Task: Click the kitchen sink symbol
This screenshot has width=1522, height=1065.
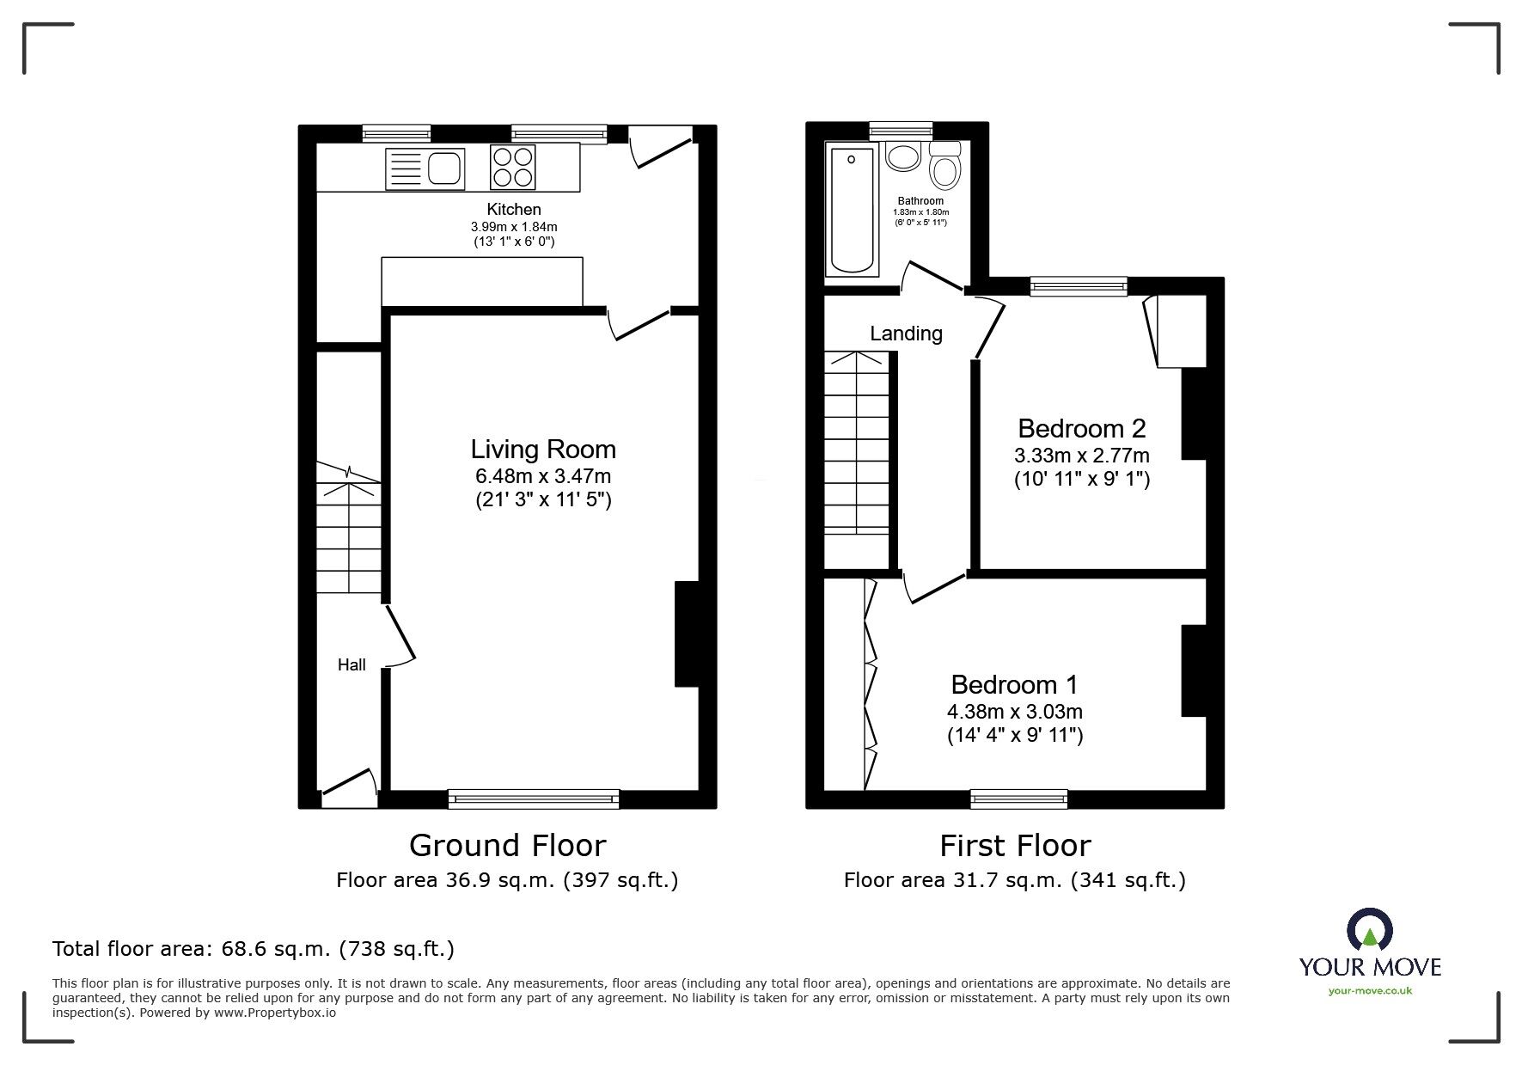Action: [425, 168]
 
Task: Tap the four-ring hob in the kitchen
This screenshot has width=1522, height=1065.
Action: [512, 167]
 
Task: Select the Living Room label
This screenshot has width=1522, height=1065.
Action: [543, 450]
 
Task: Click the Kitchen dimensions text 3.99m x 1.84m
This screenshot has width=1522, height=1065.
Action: [514, 227]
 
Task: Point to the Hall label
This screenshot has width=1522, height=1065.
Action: [351, 664]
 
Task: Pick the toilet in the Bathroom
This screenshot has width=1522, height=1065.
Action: [945, 167]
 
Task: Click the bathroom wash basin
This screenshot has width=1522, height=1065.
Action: [902, 157]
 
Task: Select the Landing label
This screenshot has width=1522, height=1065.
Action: [906, 334]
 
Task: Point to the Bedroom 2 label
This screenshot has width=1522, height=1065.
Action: [1081, 428]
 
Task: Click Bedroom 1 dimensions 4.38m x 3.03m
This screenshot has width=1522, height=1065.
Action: [1014, 712]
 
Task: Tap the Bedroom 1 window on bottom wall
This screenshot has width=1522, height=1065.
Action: [1019, 799]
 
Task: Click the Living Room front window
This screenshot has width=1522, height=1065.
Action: [534, 799]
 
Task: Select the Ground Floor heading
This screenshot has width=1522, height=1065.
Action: [507, 846]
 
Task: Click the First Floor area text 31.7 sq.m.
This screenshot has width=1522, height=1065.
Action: [1014, 880]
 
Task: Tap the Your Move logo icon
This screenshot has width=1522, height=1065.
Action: [1369, 931]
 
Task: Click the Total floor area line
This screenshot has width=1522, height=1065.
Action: [254, 949]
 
